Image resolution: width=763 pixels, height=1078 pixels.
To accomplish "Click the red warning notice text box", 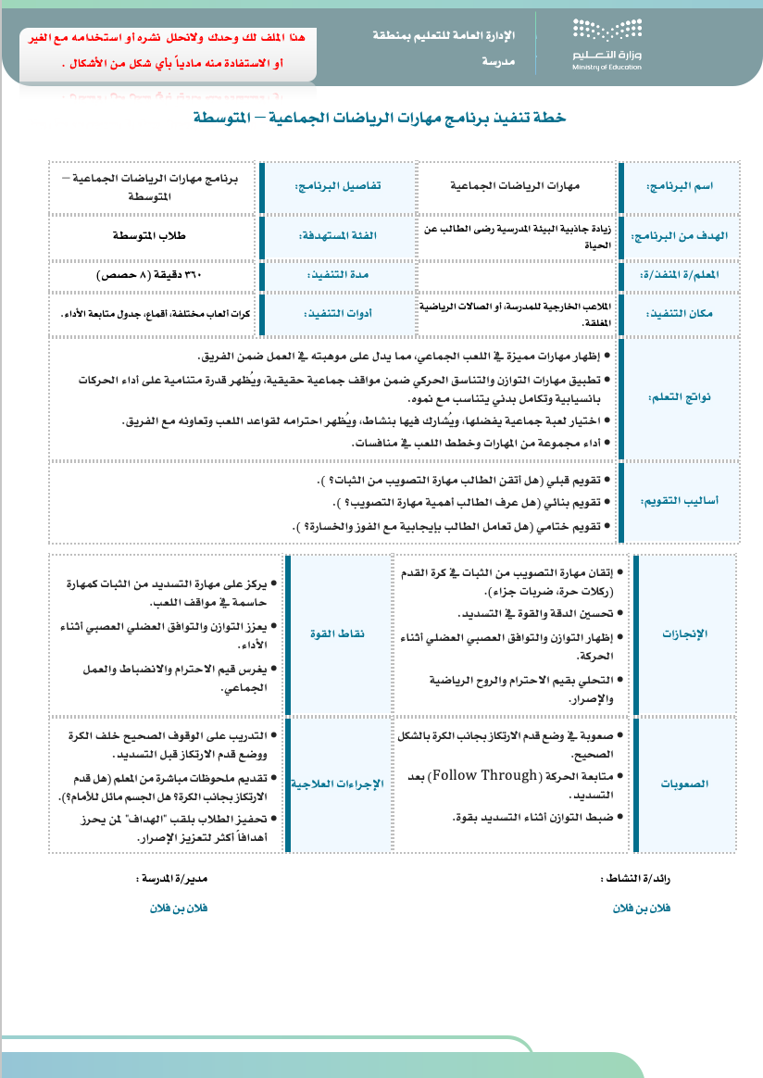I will (169, 52).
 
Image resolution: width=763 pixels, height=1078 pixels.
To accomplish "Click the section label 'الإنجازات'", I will (686, 633).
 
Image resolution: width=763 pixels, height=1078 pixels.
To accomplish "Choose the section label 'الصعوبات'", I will (686, 783).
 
